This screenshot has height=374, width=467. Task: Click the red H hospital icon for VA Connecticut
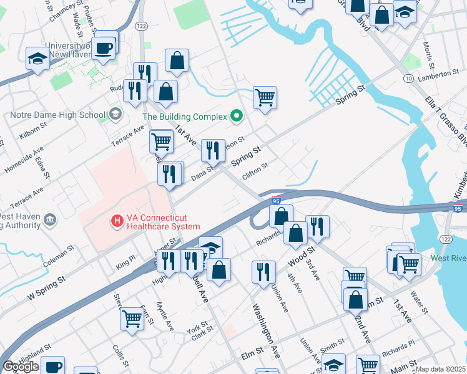coord(116,220)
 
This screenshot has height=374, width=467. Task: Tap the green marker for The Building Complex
coord(236,116)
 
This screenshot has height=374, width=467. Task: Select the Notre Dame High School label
coord(58,115)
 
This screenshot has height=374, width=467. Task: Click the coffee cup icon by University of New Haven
coord(104,47)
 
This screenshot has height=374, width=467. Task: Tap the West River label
coord(448,258)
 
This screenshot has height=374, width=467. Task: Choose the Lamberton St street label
coord(438,74)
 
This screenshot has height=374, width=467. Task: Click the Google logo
coord(20,367)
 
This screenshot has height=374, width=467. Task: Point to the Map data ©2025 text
coord(441,369)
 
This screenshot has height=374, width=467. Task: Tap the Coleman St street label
coord(59,256)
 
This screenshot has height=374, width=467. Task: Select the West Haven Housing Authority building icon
coord(51,219)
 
